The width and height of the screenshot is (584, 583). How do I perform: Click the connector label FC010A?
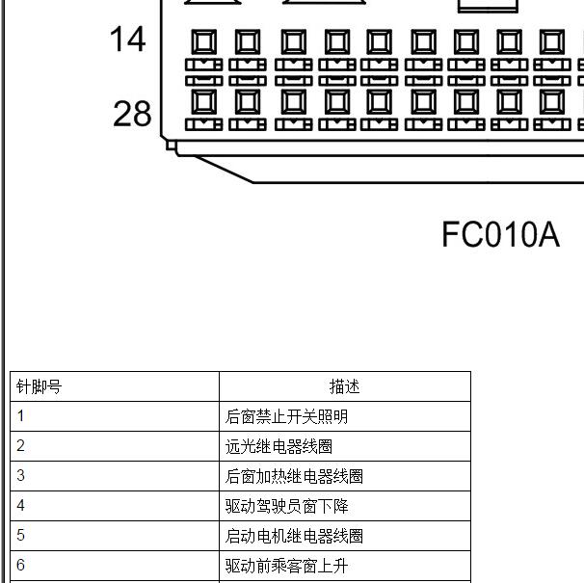(x=500, y=234)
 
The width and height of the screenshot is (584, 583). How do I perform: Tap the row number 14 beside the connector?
(x=127, y=39)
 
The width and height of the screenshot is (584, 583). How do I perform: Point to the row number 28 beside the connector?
(x=132, y=114)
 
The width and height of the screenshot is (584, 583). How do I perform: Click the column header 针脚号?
(x=39, y=386)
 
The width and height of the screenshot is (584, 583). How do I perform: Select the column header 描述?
(x=344, y=386)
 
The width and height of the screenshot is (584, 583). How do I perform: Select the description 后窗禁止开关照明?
(x=286, y=416)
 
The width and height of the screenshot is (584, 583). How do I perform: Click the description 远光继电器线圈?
(x=279, y=446)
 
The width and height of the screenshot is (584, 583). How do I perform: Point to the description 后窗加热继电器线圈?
(x=294, y=476)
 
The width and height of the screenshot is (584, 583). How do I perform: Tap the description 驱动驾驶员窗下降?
(x=286, y=506)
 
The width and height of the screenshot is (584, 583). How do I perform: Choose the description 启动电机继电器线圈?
(x=294, y=536)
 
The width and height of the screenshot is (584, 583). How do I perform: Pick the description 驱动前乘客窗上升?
(x=286, y=566)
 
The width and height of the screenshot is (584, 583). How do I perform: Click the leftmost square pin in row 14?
(x=204, y=41)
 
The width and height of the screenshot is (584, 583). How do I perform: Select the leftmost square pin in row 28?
(x=204, y=101)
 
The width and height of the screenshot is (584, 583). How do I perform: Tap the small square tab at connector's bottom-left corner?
(x=171, y=145)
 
